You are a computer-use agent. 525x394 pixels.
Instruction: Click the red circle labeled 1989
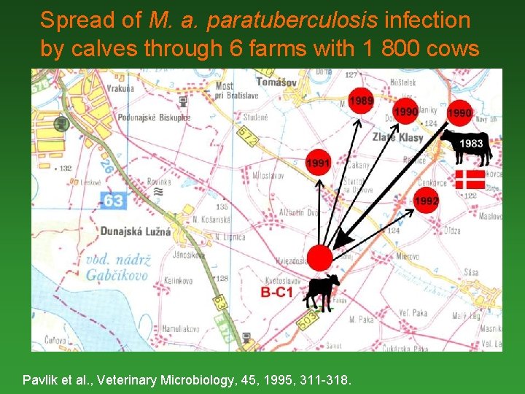pyautogui.click(x=361, y=101)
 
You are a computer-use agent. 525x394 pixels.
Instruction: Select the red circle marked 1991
pyautogui.click(x=318, y=162)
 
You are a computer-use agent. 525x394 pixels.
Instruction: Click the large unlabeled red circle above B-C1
pyautogui.click(x=319, y=257)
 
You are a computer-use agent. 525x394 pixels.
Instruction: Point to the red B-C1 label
pyautogui.click(x=276, y=293)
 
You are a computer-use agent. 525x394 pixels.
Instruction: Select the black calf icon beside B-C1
pyautogui.click(x=322, y=291)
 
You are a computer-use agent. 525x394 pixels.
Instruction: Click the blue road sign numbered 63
pyautogui.click(x=112, y=199)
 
